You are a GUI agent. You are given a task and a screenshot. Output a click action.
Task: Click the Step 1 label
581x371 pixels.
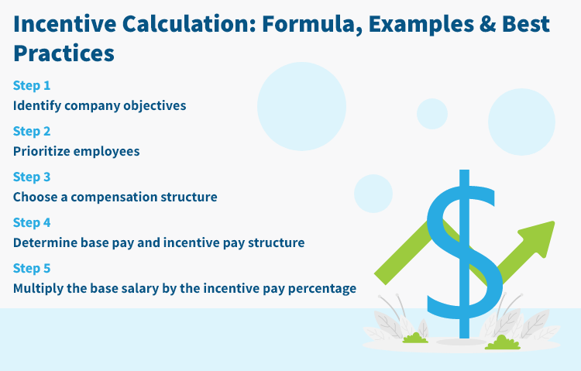pos(32,85)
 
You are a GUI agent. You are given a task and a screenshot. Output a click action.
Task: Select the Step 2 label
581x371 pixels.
pos(32,131)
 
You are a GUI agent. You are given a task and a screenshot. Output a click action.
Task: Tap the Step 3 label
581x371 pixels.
pos(32,177)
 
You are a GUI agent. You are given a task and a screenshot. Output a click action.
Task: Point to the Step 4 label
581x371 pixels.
pos(32,222)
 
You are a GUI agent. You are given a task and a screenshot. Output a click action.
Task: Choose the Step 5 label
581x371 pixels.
pos(32,268)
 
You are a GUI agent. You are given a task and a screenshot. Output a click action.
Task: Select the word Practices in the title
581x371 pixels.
pos(64,54)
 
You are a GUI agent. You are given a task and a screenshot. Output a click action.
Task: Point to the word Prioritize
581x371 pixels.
pos(41,151)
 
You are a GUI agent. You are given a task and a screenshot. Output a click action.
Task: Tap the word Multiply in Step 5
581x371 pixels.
pos(37,288)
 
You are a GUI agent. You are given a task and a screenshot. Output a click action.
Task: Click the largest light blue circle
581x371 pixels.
pos(301,106)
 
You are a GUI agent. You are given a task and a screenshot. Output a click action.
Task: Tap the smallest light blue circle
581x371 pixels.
pos(432,114)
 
